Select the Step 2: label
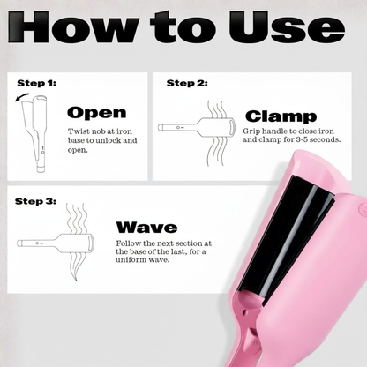click(x=187, y=82)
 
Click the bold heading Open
click(x=97, y=113)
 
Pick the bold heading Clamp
click(x=281, y=116)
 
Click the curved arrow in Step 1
click(x=23, y=104)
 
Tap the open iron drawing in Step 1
click(x=41, y=132)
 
